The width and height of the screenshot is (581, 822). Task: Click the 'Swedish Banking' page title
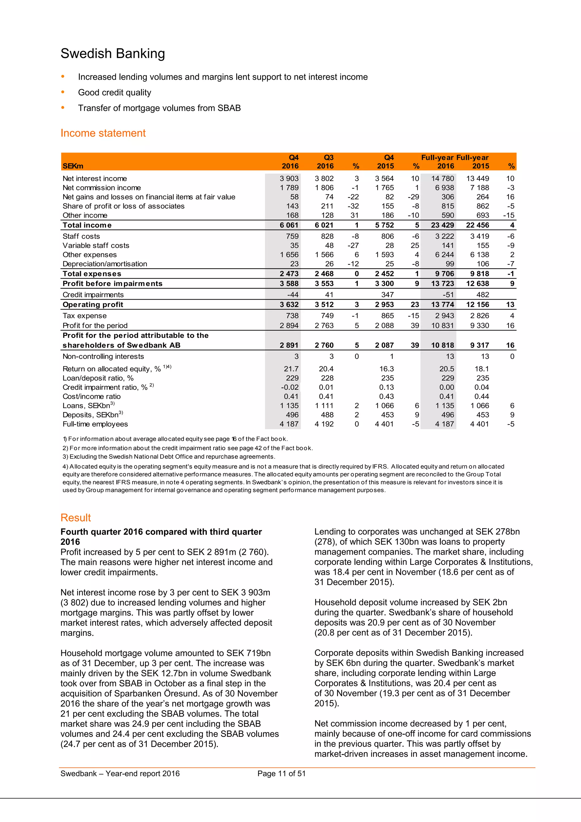click(113, 54)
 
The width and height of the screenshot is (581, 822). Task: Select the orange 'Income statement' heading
click(103, 133)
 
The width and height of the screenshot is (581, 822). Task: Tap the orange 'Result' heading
click(75, 518)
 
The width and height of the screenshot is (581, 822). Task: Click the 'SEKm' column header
click(73, 166)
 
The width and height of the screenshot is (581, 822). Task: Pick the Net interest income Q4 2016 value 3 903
click(289, 178)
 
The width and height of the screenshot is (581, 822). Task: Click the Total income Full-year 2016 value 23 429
click(443, 225)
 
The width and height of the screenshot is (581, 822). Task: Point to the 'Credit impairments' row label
click(93, 295)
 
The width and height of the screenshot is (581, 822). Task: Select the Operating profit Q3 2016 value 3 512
click(324, 305)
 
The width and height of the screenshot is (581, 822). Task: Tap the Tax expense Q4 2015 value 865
click(388, 316)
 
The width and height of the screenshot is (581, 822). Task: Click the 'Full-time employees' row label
click(95, 424)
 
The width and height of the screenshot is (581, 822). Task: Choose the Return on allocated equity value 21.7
click(291, 369)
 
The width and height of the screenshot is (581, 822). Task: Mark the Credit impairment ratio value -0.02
click(290, 387)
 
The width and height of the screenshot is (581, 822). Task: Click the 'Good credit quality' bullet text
click(115, 93)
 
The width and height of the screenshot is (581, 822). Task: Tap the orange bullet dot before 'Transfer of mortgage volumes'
click(63, 107)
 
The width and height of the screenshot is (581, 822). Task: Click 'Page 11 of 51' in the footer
click(281, 774)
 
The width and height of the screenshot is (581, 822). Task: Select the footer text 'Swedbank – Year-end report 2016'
click(120, 774)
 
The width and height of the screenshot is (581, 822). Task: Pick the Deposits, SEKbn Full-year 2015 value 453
click(483, 415)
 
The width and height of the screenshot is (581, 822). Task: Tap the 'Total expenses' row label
click(92, 274)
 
